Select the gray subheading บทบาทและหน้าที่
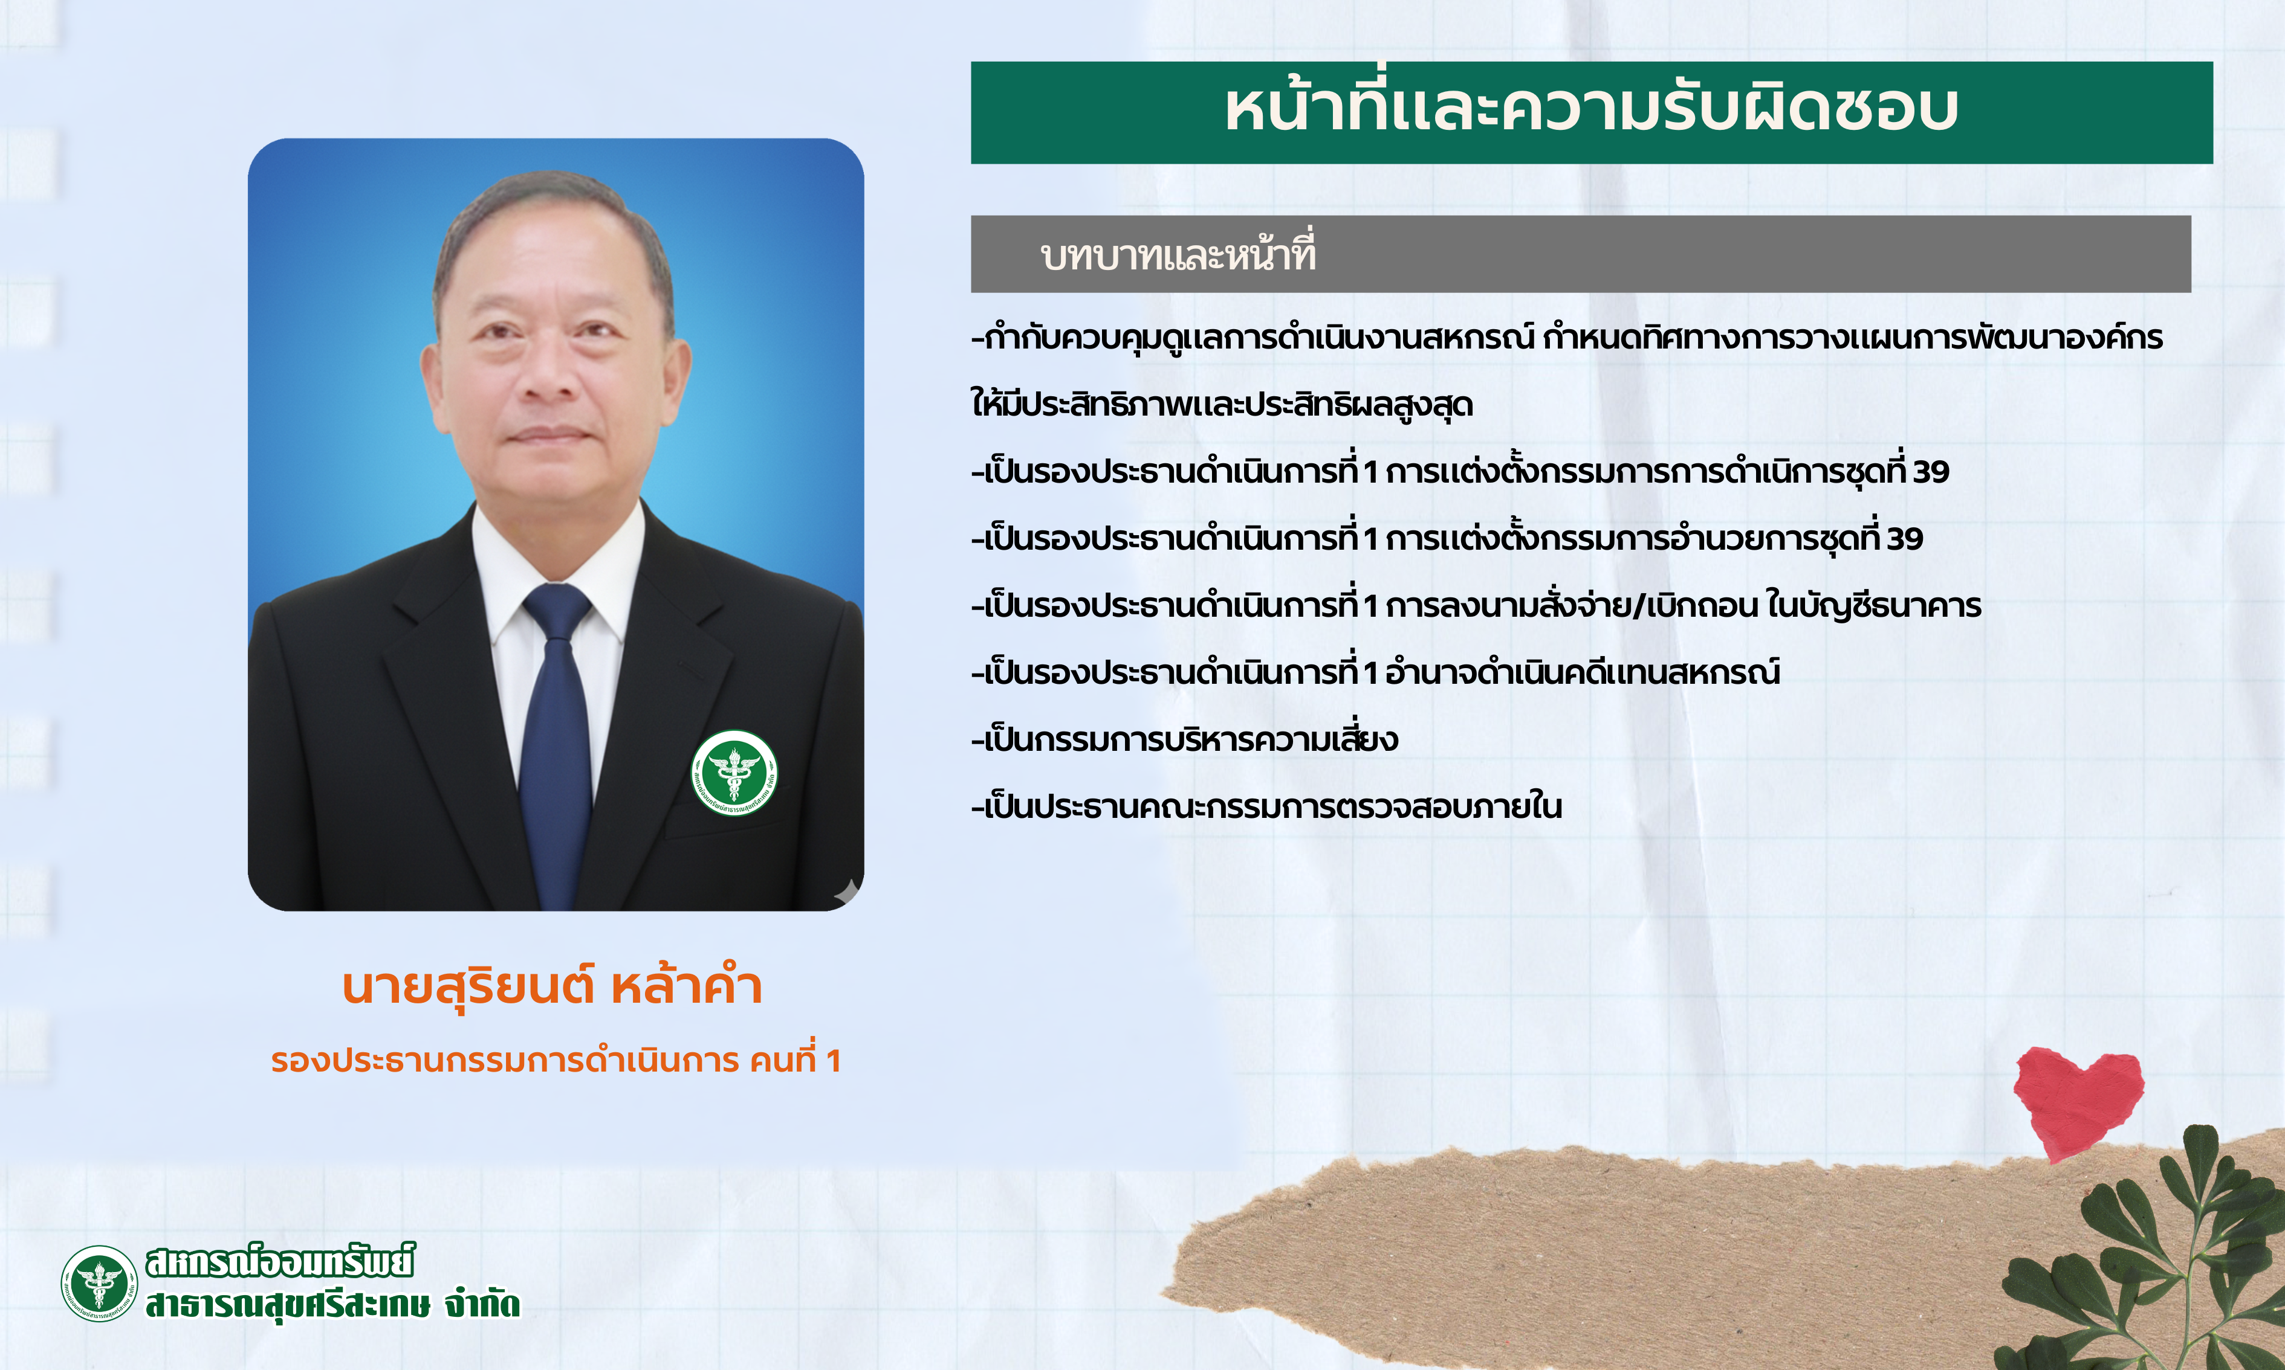[1178, 253]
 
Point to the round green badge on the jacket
[734, 773]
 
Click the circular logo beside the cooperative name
[99, 1283]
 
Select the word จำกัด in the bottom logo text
[482, 1304]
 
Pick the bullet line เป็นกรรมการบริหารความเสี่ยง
[1185, 739]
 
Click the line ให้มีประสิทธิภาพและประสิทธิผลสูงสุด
[1222, 404]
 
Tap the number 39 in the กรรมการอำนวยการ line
[1905, 538]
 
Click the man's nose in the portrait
[545, 374]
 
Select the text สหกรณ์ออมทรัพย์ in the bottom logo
[280, 1261]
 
